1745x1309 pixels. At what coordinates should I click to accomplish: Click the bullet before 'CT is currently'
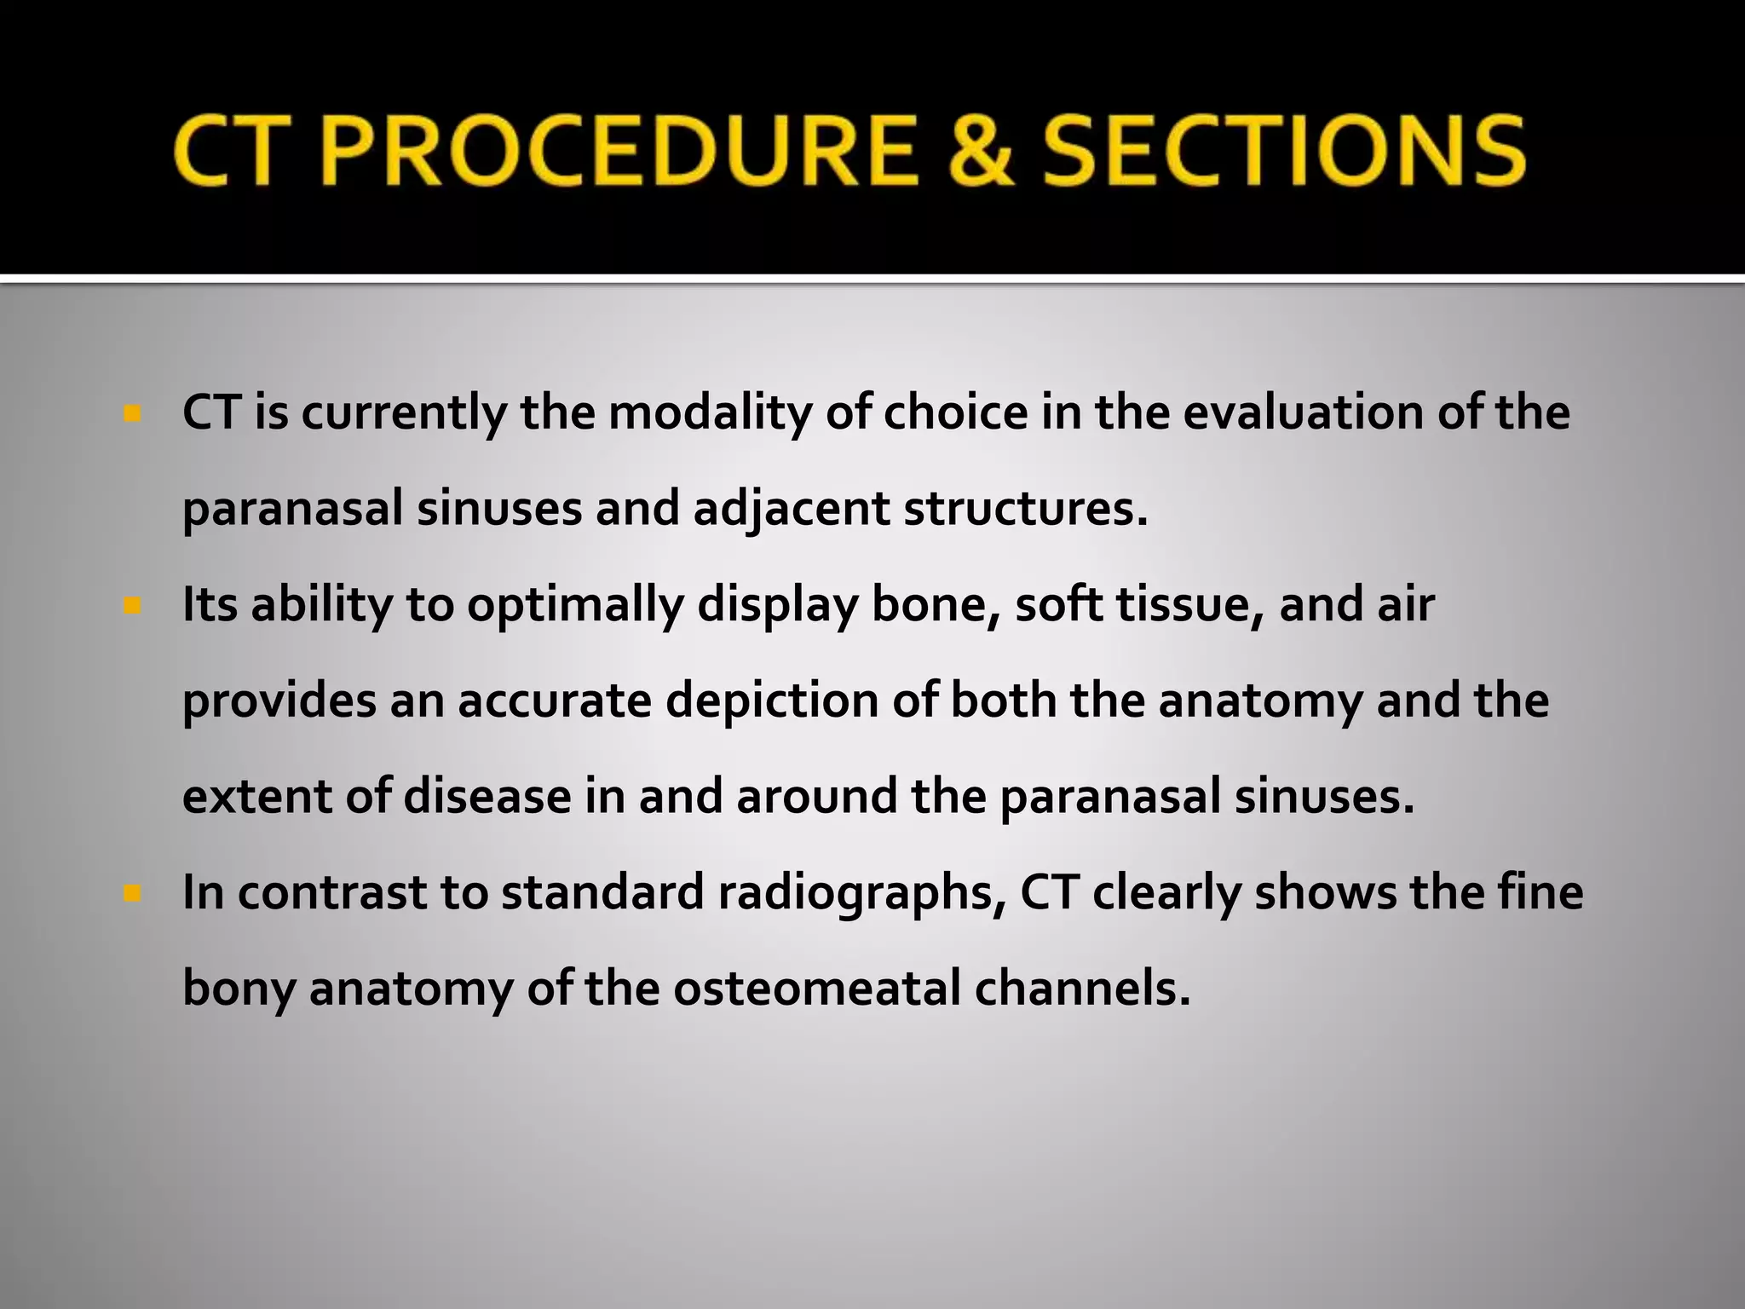click(131, 415)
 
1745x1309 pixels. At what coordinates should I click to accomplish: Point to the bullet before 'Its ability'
click(131, 607)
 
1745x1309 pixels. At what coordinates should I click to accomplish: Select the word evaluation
click(1303, 413)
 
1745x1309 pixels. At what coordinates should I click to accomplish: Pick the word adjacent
click(792, 510)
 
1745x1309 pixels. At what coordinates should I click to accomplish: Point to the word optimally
click(575, 605)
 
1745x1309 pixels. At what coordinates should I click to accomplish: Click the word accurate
click(554, 701)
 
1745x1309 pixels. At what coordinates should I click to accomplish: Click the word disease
click(487, 798)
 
